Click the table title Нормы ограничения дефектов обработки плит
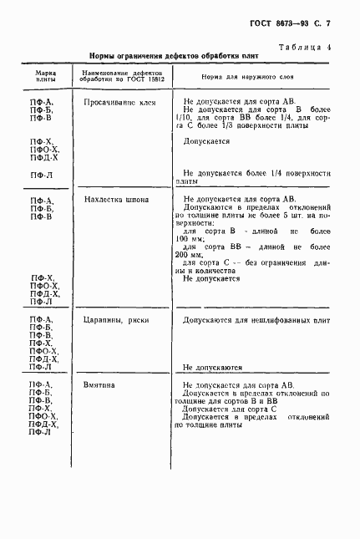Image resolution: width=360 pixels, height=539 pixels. (x=175, y=57)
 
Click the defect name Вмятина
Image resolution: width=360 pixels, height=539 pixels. (x=100, y=384)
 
